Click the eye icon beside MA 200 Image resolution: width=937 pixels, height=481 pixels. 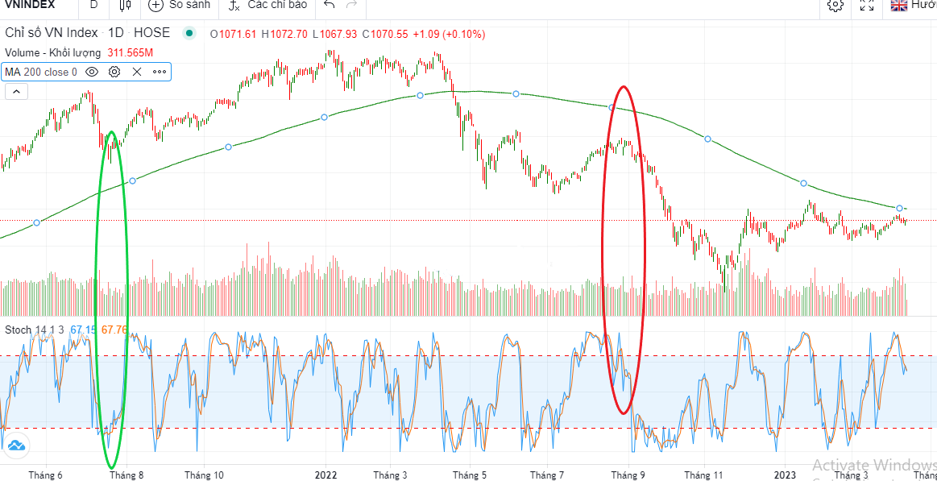92,72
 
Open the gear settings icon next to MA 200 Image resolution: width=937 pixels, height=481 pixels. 114,72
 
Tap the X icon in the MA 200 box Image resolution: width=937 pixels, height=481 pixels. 137,72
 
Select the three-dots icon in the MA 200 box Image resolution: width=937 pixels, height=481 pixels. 160,72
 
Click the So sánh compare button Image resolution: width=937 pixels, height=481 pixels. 180,5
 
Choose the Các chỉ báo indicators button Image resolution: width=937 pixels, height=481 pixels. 267,5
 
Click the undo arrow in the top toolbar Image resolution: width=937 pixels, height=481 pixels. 329,5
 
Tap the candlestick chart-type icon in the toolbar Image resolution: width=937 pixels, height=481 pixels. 124,5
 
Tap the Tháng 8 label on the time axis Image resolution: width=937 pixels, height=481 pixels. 127,475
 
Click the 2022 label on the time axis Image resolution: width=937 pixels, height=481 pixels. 325,475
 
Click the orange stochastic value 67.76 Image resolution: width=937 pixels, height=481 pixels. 114,330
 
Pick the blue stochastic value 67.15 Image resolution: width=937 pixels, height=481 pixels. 83,330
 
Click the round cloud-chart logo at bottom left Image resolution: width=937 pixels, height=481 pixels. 16,445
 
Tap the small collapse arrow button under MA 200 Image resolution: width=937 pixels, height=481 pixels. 16,92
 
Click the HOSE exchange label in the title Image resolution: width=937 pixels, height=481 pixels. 151,33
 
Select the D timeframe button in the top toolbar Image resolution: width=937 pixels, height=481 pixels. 93,5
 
